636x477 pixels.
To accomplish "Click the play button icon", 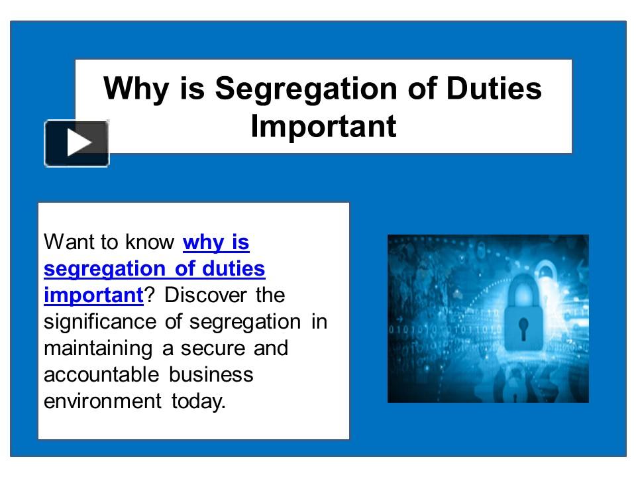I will pyautogui.click(x=77, y=143).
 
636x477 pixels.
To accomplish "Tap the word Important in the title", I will pyautogui.click(x=323, y=127).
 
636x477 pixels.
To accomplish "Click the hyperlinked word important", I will pyautogui.click(x=93, y=295).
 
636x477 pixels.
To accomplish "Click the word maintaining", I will pyautogui.click(x=97, y=348).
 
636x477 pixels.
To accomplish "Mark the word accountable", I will pyautogui.click(x=101, y=375).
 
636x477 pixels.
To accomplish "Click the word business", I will pyautogui.click(x=211, y=375).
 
